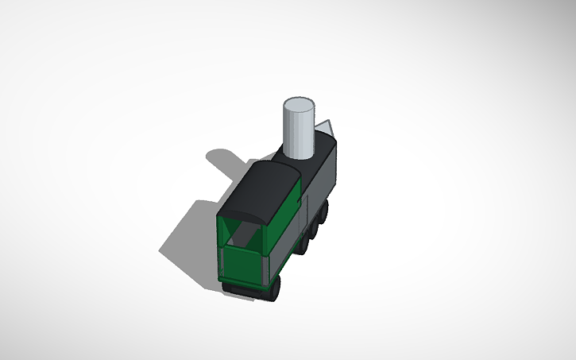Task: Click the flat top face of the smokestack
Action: coord(300,106)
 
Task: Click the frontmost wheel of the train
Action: coord(325,210)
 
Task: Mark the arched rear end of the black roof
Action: coord(242,215)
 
